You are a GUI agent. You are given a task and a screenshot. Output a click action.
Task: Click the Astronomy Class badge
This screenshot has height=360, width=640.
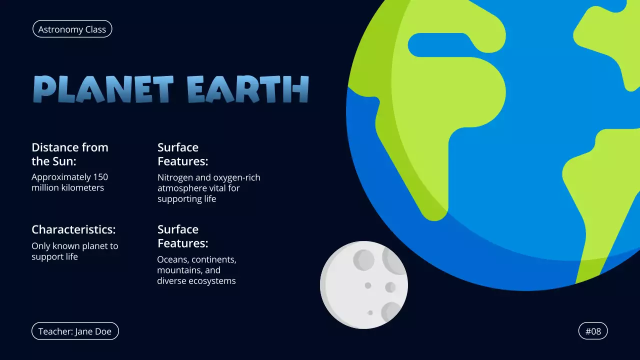[72, 29]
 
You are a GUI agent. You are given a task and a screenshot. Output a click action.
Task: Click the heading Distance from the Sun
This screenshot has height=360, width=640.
[69, 154]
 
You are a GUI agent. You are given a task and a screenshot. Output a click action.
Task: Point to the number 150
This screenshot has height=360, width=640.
[100, 177]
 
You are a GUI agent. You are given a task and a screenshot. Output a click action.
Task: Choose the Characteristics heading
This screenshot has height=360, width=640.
[73, 229]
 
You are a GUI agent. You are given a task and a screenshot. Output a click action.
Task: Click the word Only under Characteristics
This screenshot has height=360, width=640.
[41, 246]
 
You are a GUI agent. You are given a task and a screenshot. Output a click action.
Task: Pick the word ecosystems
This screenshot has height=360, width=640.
[211, 281]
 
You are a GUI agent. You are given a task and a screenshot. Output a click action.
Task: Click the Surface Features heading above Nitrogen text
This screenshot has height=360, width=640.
[182, 154]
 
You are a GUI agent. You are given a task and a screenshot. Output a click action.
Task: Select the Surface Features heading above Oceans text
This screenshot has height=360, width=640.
[182, 236]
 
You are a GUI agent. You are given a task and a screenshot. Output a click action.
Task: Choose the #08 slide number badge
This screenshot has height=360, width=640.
[593, 331]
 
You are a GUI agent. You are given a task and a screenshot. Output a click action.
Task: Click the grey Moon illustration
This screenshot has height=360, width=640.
[364, 284]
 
